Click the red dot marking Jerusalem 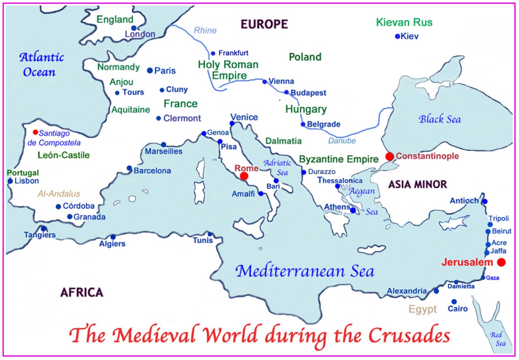tap(501, 262)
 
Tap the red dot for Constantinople tap(389, 157)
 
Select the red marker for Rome tap(244, 177)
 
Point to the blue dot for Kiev tap(397, 36)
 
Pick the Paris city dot tap(149, 70)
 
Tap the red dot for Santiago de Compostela tap(35, 132)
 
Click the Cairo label tap(458, 309)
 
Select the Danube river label tap(342, 141)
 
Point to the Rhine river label tap(205, 30)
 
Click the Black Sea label tap(440, 119)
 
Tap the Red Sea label tap(497, 339)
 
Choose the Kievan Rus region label tap(404, 22)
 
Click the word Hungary tap(306, 109)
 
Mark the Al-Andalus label tap(59, 194)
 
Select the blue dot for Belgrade tap(303, 124)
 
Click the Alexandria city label tap(407, 291)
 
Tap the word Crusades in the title tap(409, 336)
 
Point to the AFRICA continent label tap(82, 292)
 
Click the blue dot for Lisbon tap(10, 181)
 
